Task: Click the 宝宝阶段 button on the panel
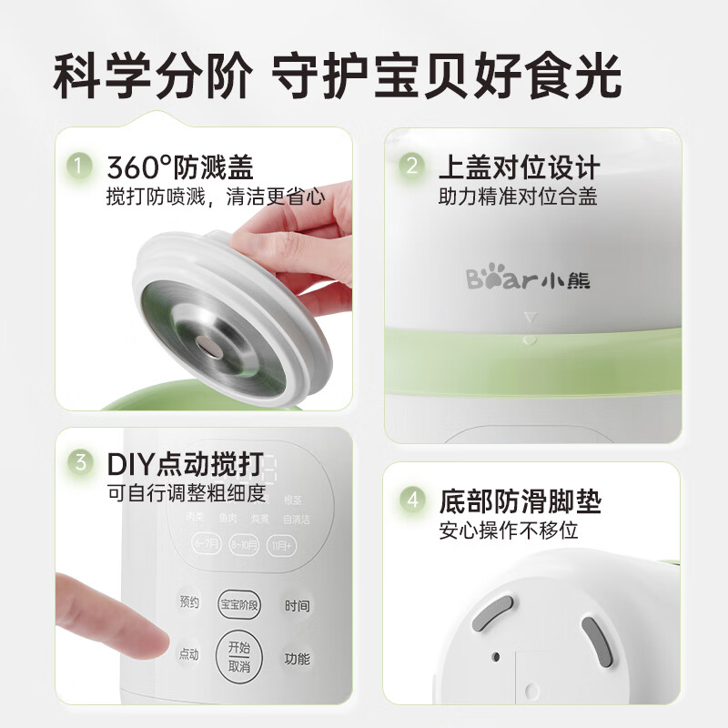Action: (239, 603)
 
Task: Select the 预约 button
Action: (188, 602)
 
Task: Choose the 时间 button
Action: (296, 604)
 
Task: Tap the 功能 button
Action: (297, 658)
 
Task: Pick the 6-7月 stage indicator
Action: (207, 545)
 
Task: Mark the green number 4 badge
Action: (412, 500)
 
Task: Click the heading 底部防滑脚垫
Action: (520, 501)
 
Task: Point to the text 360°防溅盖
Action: (179, 167)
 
